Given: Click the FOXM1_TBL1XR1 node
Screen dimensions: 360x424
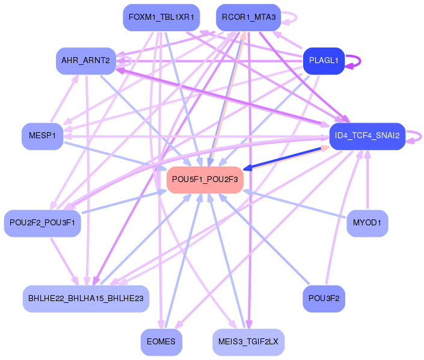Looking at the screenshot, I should click(159, 17).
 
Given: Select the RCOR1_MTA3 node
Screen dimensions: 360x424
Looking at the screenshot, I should click(248, 17).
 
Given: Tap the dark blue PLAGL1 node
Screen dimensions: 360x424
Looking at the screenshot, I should click(324, 61).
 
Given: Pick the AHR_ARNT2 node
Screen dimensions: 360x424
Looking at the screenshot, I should click(85, 61).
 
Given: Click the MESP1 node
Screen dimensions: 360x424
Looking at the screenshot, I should click(41, 136).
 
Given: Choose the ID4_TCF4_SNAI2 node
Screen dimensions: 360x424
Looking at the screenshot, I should click(367, 136).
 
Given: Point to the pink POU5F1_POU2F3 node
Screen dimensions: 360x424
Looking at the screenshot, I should click(204, 179).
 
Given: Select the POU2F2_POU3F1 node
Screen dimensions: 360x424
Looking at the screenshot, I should click(42, 223).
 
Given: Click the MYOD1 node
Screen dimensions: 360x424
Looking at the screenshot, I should click(367, 223).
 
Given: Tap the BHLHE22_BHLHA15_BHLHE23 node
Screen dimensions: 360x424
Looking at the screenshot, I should click(85, 298).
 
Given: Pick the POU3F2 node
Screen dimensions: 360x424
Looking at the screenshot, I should click(324, 298).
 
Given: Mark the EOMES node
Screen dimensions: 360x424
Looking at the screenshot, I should click(161, 342).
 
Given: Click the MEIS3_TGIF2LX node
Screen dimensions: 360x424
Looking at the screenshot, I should click(248, 342).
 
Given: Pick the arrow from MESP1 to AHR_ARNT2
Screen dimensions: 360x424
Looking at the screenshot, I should click(63, 99).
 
